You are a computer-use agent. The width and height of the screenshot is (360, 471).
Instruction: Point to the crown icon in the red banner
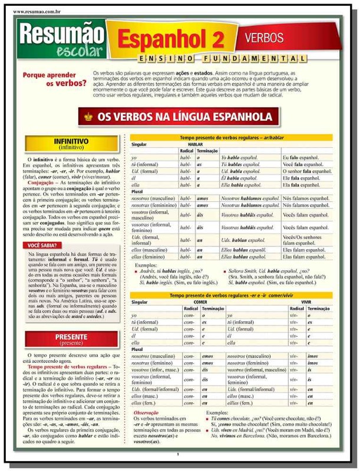(x=89, y=117)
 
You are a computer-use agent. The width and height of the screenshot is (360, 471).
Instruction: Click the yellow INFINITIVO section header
(x=71, y=144)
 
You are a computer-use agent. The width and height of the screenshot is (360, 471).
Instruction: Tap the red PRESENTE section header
(x=71, y=339)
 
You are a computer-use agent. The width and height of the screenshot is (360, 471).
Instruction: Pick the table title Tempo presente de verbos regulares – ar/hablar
(x=231, y=137)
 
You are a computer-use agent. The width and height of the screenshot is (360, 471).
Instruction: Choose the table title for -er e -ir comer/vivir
(x=231, y=295)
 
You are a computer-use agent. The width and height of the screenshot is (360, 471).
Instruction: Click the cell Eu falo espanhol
(x=301, y=158)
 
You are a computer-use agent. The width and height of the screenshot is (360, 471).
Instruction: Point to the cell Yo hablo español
(x=240, y=158)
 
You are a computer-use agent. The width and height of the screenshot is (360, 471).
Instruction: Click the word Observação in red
(x=146, y=413)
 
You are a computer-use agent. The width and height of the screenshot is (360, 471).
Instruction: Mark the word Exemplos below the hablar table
(x=147, y=266)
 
